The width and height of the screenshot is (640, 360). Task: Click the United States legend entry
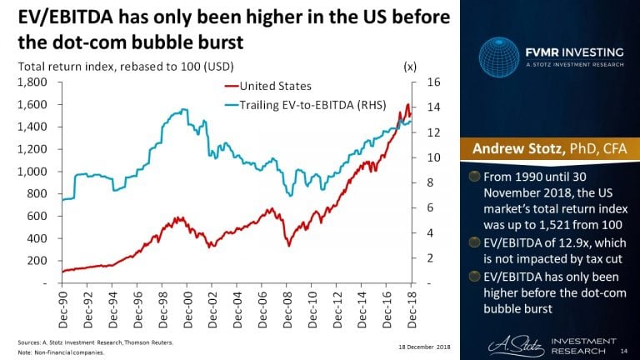[x=274, y=86]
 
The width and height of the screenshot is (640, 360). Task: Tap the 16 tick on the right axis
[x=432, y=82]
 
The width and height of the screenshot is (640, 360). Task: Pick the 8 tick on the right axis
[x=430, y=182]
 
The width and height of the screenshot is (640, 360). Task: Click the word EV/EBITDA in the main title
[x=57, y=18]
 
